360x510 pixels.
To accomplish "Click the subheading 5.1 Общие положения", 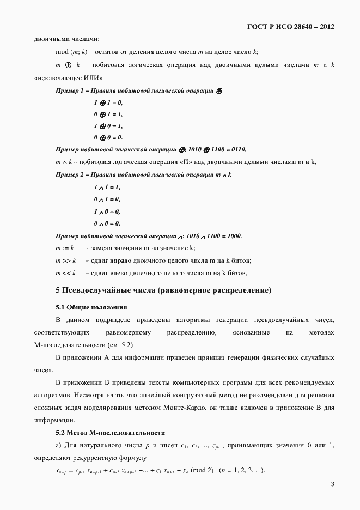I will [91, 307].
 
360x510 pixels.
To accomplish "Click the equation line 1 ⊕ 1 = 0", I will [108, 102].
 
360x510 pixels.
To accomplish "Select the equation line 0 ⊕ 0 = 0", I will [108, 137].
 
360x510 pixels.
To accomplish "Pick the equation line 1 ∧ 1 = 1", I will [107, 187].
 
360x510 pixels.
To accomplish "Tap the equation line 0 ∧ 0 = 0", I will [107, 223].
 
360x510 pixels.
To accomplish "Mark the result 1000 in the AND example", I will [231, 236].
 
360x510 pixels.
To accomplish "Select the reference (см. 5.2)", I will [118, 345].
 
